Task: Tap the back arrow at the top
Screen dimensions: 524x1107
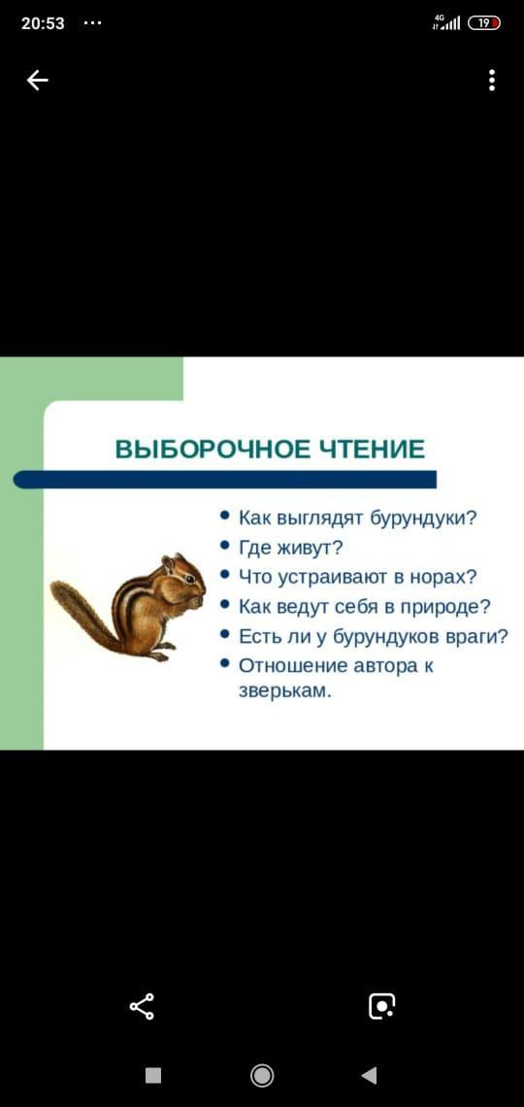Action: (38, 81)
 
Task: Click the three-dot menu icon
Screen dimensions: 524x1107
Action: (492, 81)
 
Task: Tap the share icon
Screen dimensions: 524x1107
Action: (142, 1006)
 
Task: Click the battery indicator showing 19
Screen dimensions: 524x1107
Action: (483, 23)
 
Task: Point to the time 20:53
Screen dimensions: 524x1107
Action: (43, 23)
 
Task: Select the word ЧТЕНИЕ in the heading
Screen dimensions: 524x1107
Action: (373, 449)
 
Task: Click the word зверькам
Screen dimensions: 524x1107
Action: (284, 691)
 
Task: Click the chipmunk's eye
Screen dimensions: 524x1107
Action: (190, 578)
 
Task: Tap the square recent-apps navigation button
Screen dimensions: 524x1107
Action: (153, 1075)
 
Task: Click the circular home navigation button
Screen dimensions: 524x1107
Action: (262, 1075)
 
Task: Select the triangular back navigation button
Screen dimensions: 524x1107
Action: (369, 1075)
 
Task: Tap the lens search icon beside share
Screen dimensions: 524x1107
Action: (381, 1006)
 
